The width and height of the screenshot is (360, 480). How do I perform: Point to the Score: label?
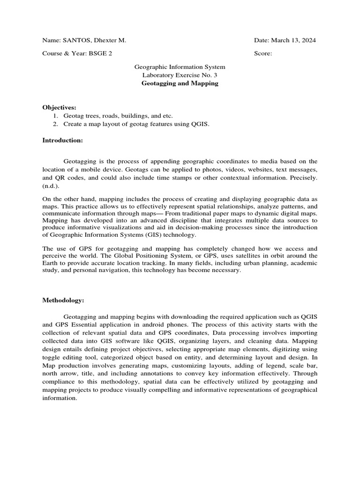pyautogui.click(x=263, y=53)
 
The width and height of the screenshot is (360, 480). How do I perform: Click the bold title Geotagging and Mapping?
pyautogui.click(x=180, y=83)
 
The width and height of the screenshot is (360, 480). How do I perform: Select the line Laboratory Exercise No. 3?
pyautogui.click(x=180, y=75)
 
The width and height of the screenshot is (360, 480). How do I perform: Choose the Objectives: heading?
pyautogui.click(x=59, y=107)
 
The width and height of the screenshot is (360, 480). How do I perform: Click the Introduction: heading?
pyautogui.click(x=62, y=140)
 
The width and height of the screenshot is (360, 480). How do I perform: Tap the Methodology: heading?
pyautogui.click(x=63, y=300)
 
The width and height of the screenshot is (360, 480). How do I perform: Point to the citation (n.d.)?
pyautogui.click(x=51, y=186)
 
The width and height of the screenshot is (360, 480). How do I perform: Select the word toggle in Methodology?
pyautogui.click(x=52, y=357)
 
